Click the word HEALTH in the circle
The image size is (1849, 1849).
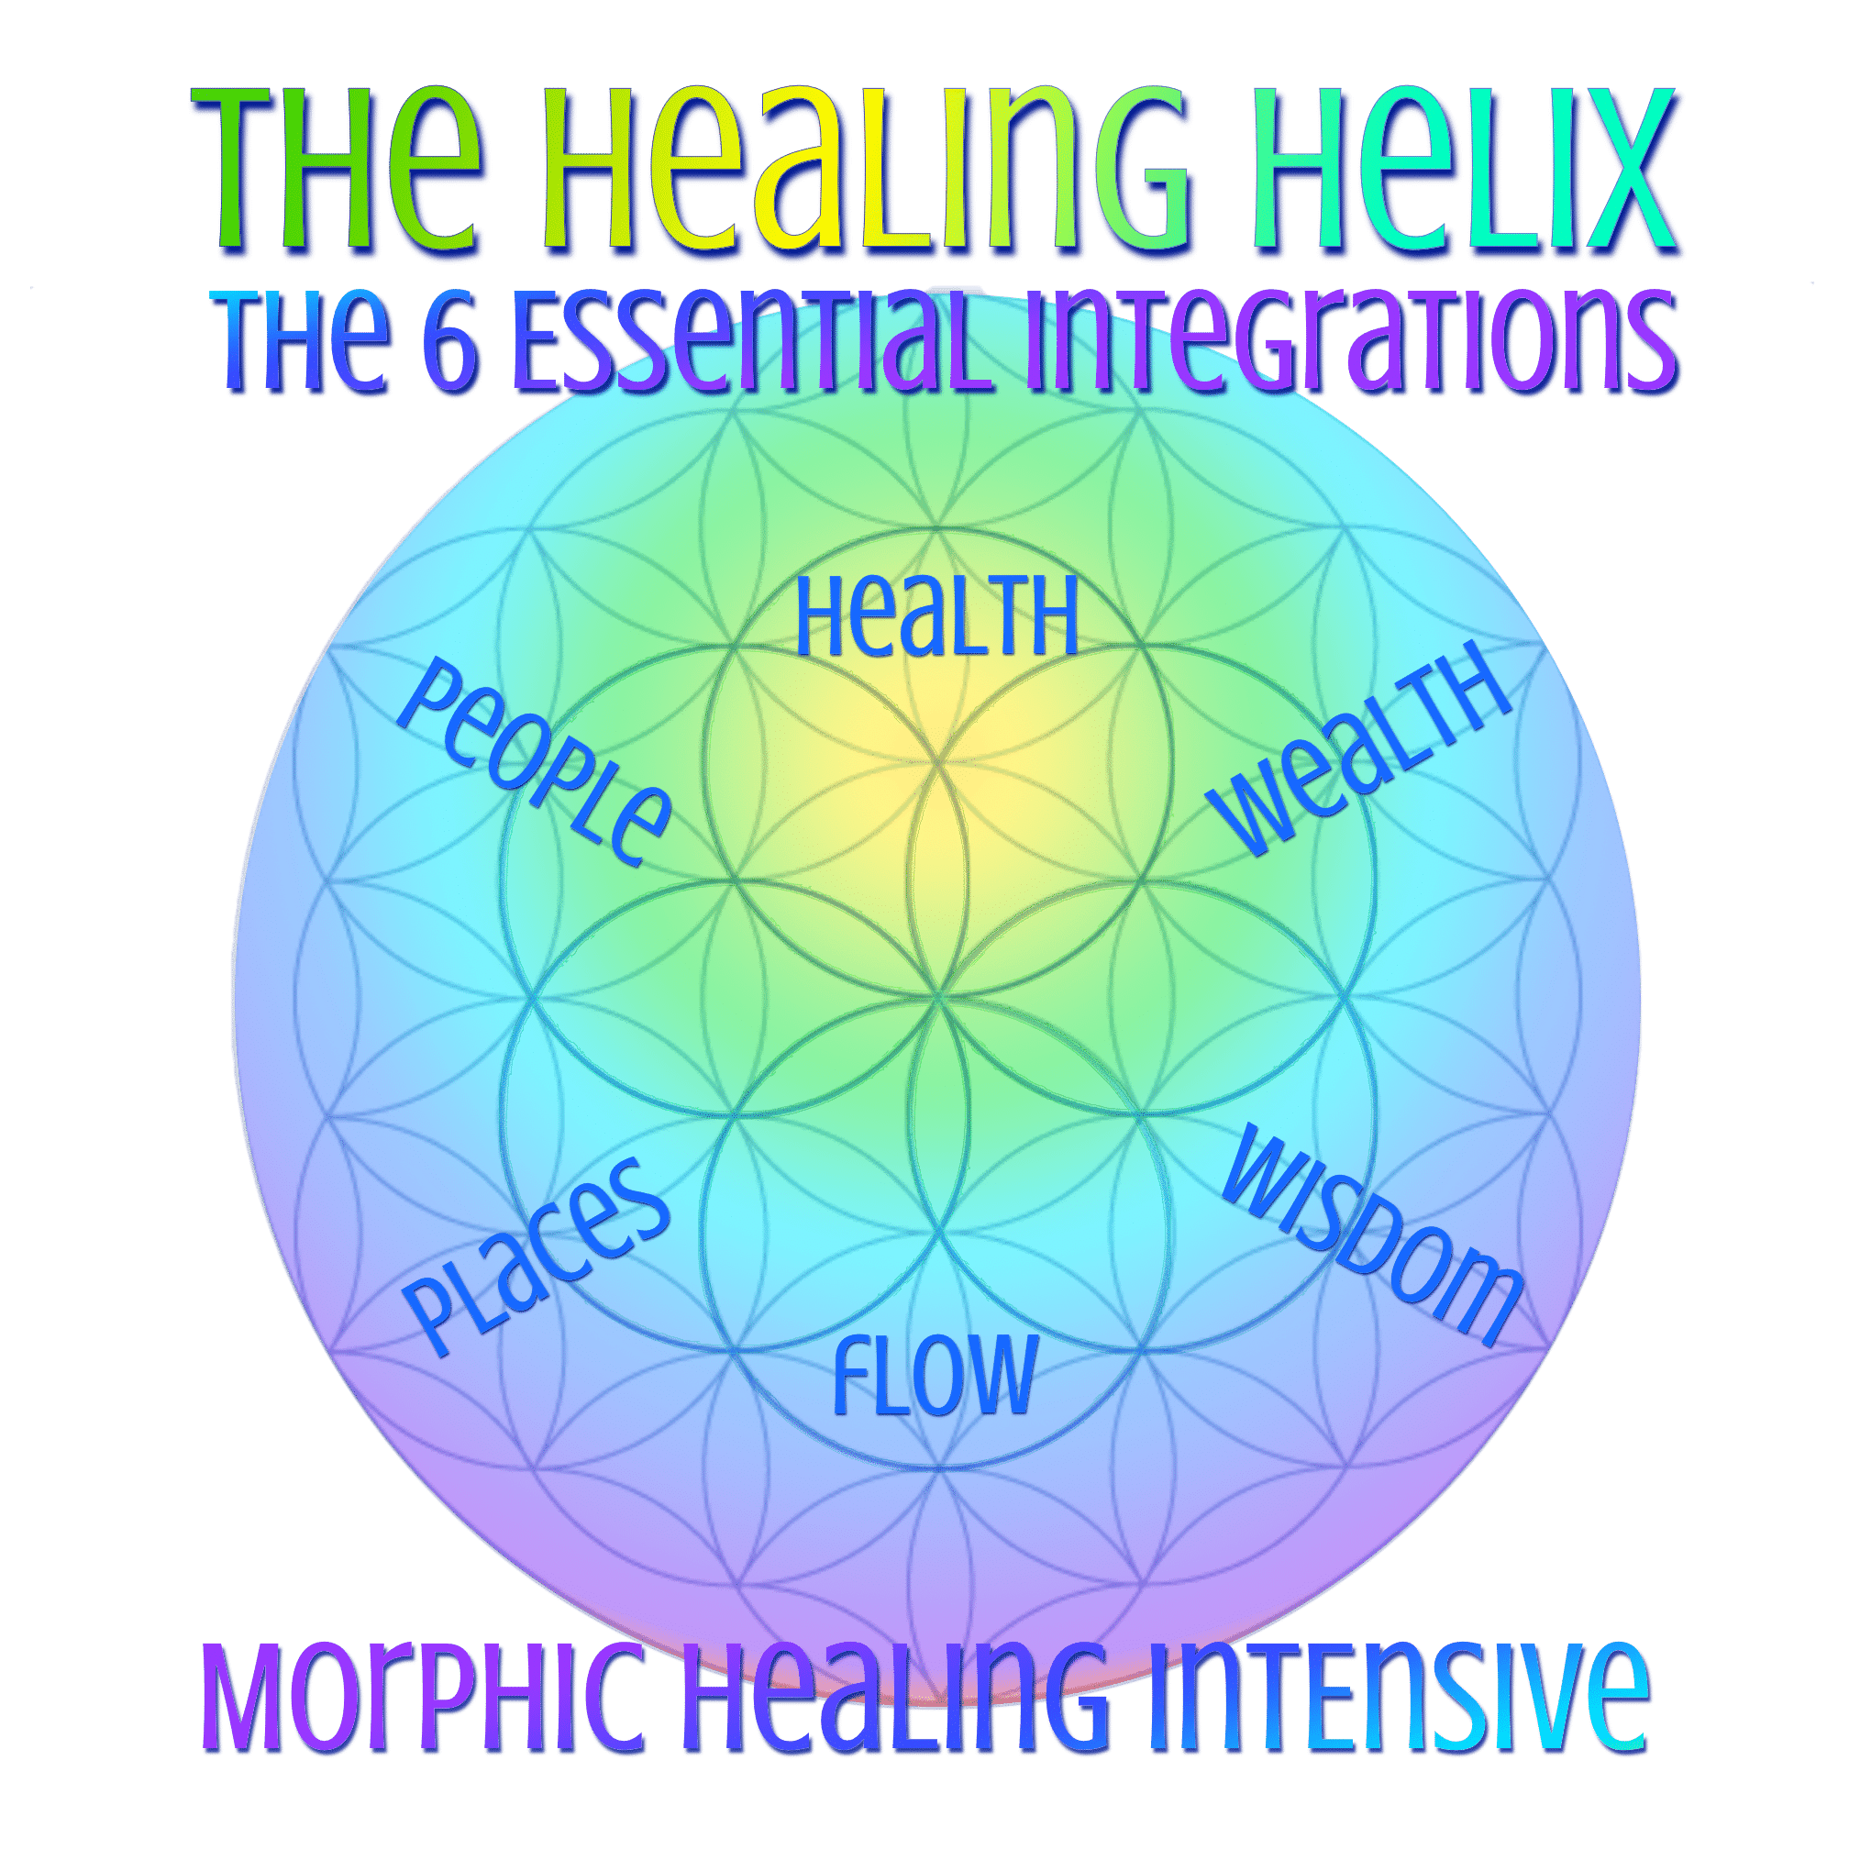(x=937, y=615)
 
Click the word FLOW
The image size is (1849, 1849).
(x=935, y=1374)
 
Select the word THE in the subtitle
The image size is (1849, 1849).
(x=302, y=343)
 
